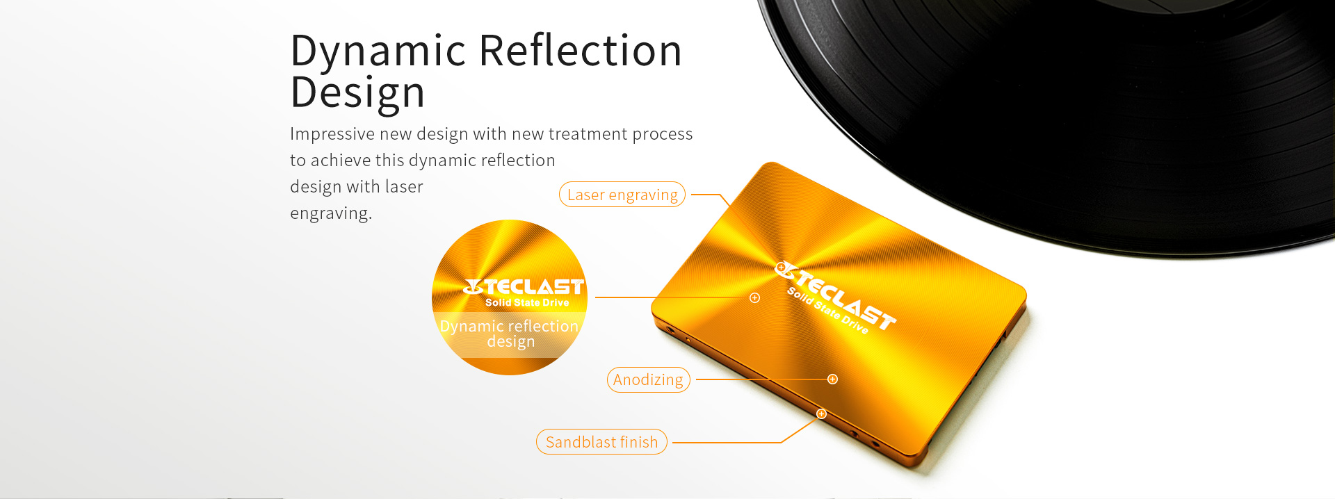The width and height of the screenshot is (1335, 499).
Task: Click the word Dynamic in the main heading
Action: click(x=378, y=51)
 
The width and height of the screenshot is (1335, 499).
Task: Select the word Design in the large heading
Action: click(x=357, y=93)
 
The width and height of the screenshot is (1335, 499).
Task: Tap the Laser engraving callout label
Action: click(x=622, y=195)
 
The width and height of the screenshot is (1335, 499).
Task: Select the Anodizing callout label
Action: click(x=648, y=379)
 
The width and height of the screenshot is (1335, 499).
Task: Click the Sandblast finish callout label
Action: click(x=601, y=442)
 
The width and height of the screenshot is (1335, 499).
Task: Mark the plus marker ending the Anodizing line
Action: click(x=832, y=379)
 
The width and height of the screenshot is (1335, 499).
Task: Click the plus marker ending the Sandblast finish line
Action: click(x=821, y=414)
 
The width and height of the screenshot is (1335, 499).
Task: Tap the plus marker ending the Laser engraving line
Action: click(x=781, y=267)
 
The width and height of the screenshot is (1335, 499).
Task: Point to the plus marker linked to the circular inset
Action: click(x=754, y=297)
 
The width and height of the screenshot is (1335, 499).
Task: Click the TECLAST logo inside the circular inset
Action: click(x=524, y=286)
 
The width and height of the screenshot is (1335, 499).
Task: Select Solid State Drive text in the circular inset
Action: click(x=527, y=302)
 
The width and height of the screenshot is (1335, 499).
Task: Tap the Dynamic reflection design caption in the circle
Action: click(x=510, y=334)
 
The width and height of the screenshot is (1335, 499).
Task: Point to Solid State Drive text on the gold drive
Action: click(x=827, y=311)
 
